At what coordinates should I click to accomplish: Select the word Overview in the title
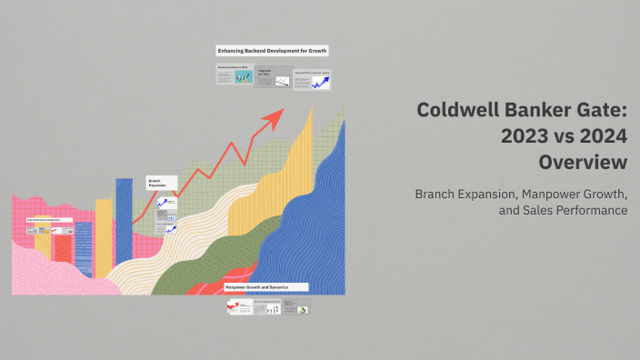pos(582,164)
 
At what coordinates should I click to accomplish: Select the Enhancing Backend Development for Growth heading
pos(272,51)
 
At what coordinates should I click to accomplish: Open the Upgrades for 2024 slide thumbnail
pos(273,76)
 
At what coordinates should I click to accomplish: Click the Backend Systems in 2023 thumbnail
pos(235,76)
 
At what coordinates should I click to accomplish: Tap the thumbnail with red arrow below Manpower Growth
pos(239,308)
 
